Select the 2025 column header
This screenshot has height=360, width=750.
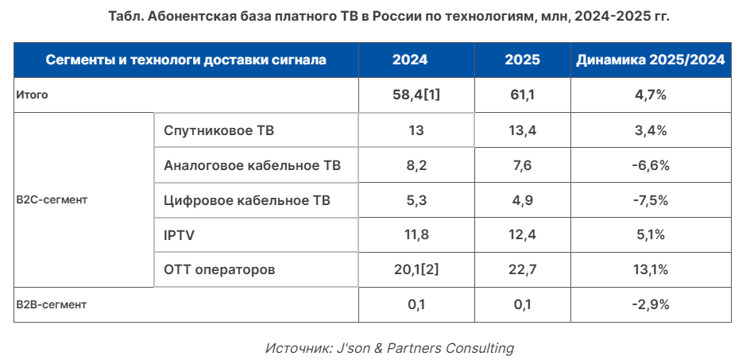coord(522,60)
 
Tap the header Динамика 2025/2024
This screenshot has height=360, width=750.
coord(651,60)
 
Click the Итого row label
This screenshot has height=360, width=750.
coord(33,95)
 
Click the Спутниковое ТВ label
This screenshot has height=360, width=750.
coord(219,130)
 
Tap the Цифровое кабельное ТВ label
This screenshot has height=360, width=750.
coord(246,200)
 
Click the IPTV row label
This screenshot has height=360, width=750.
coord(180,235)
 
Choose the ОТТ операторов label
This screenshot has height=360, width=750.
coord(219,270)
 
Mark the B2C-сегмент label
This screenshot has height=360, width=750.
coord(52,200)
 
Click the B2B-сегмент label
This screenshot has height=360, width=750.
coord(52,304)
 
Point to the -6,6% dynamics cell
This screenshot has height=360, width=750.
coord(651,165)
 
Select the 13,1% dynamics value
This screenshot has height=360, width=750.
coord(651,270)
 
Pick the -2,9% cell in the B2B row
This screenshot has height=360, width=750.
coord(651,304)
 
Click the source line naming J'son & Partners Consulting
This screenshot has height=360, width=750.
coord(389,348)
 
